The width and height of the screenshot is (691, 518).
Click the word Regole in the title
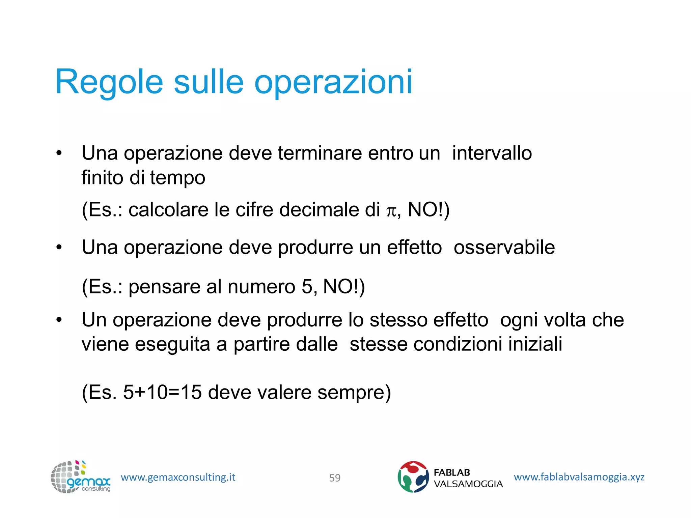click(x=109, y=82)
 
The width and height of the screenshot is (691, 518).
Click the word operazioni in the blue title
click(x=333, y=82)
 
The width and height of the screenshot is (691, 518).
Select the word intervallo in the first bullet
click(x=492, y=153)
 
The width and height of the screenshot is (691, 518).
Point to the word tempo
click(x=177, y=178)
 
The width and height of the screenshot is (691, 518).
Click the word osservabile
click(x=504, y=247)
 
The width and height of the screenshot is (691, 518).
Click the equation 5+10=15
click(x=162, y=392)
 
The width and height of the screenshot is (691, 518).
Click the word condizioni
click(x=458, y=344)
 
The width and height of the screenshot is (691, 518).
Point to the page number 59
click(x=335, y=478)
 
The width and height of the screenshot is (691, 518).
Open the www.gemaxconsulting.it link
click(x=178, y=477)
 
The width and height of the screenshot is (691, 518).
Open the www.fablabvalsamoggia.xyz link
click(x=579, y=477)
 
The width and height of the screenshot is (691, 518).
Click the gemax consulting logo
click(x=80, y=477)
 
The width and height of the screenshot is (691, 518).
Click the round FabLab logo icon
click(x=413, y=477)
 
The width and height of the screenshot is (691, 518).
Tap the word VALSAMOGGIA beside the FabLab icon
click(x=468, y=484)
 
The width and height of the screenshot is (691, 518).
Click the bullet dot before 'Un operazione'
click(x=59, y=320)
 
